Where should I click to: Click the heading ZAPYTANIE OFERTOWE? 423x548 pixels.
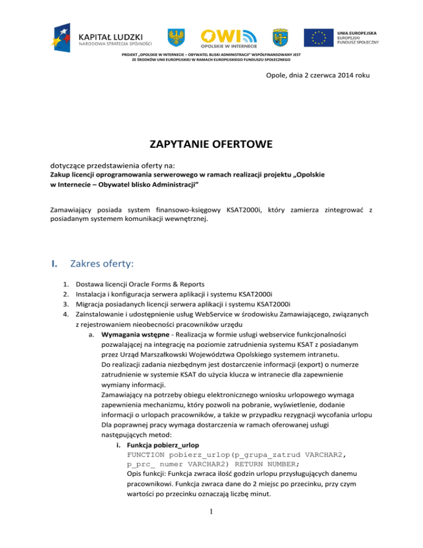pyautogui.click(x=211, y=146)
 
